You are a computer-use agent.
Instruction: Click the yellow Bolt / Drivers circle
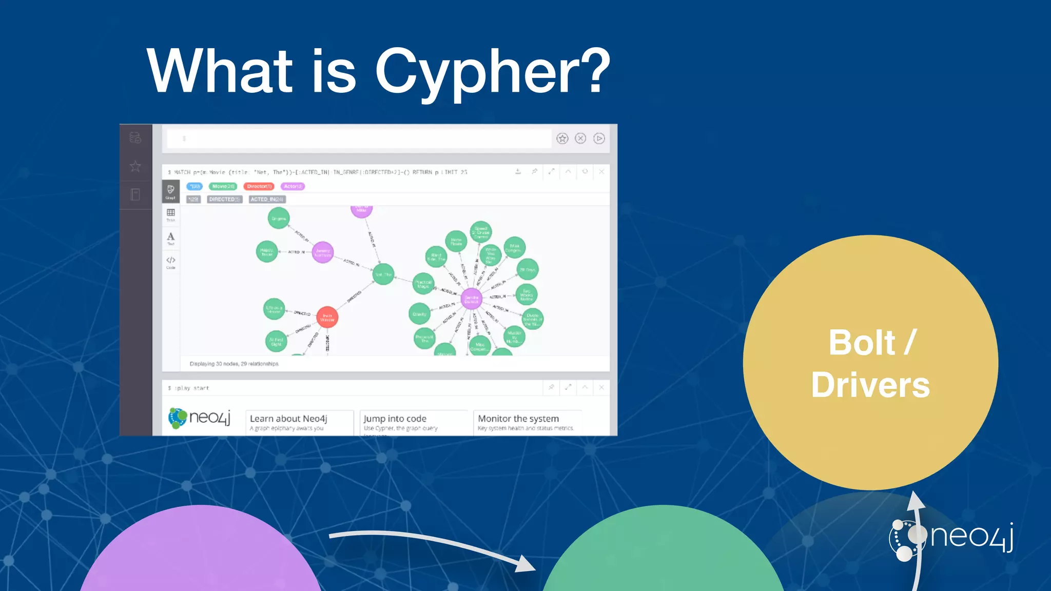pos(870,363)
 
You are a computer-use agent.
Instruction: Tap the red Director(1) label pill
pos(259,186)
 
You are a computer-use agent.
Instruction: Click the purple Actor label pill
pos(293,186)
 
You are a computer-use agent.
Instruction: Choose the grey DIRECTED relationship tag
pos(224,199)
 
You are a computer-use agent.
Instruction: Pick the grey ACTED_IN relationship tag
pos(267,199)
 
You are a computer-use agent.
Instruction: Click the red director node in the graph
pos(327,318)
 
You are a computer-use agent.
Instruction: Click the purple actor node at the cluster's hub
pos(471,299)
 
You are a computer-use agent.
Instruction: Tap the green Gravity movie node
pos(419,314)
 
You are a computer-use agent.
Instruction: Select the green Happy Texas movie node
pos(266,252)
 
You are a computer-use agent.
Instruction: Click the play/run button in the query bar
pos(599,139)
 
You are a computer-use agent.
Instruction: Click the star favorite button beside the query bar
pos(562,139)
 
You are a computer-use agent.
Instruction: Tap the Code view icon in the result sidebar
pos(171,262)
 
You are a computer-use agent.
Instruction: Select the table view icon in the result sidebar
pos(171,214)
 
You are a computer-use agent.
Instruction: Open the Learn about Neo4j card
pos(299,422)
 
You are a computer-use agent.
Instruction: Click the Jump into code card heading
pos(395,419)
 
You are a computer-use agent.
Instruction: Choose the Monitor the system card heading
pos(518,419)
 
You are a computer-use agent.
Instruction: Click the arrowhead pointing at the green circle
pos(526,564)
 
